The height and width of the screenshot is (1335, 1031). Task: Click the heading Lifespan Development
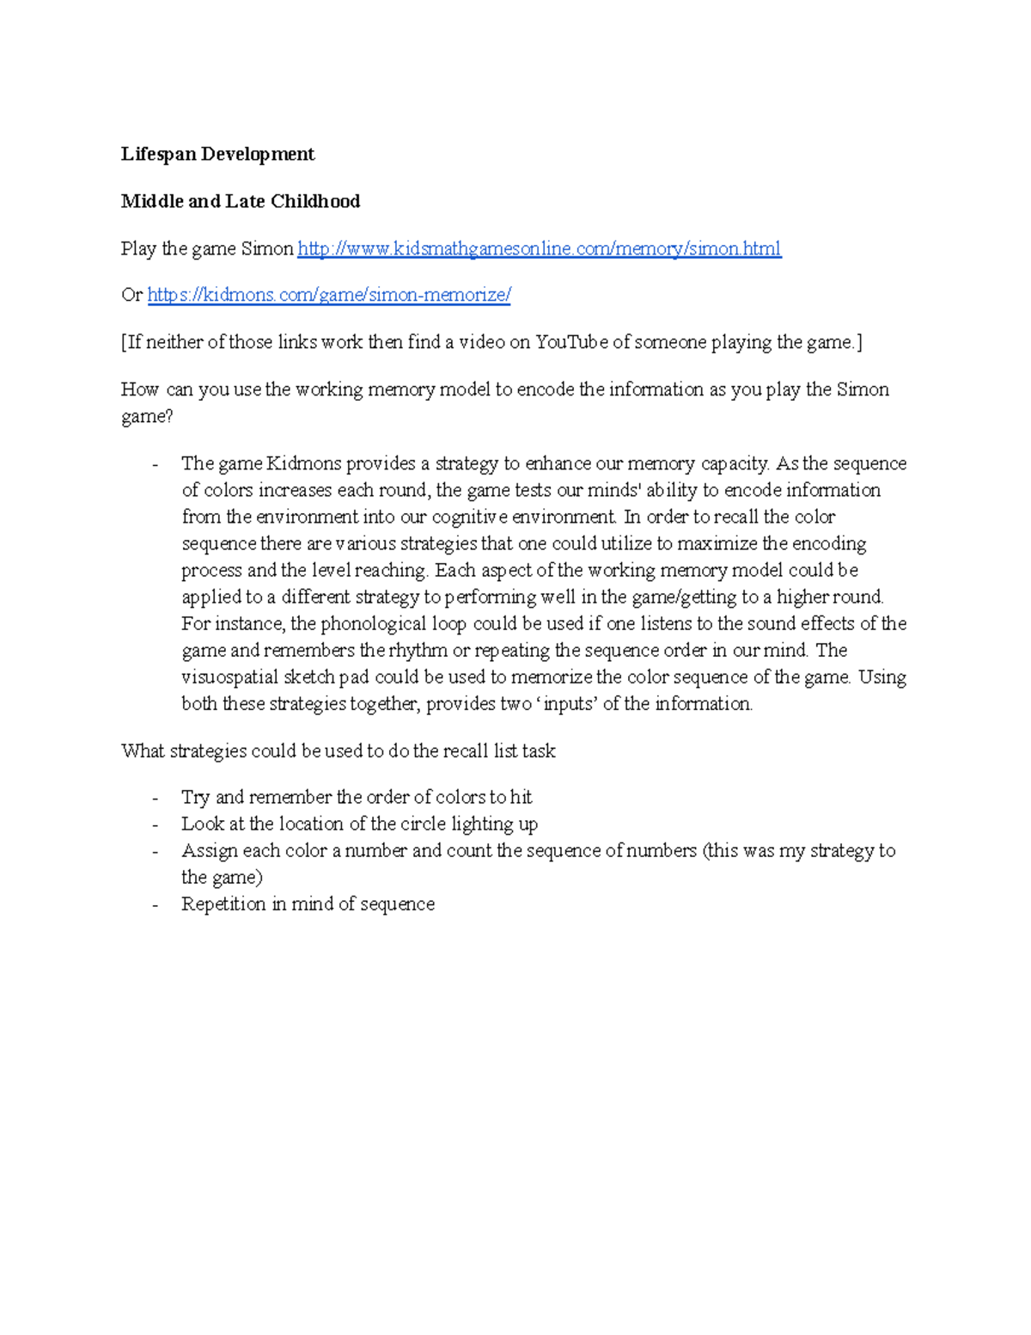pos(217,155)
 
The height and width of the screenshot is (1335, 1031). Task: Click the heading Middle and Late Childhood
pos(240,202)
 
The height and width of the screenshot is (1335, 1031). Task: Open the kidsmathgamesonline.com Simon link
pos(539,249)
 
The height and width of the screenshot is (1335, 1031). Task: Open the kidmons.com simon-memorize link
pos(329,296)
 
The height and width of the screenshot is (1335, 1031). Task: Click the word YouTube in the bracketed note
pos(571,343)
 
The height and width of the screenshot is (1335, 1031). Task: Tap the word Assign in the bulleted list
pos(209,851)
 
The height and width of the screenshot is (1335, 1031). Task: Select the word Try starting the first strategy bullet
pos(195,798)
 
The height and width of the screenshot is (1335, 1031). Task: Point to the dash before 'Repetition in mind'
pos(155,904)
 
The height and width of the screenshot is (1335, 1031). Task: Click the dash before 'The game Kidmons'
pos(155,464)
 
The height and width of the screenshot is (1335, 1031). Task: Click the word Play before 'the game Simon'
pos(139,249)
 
